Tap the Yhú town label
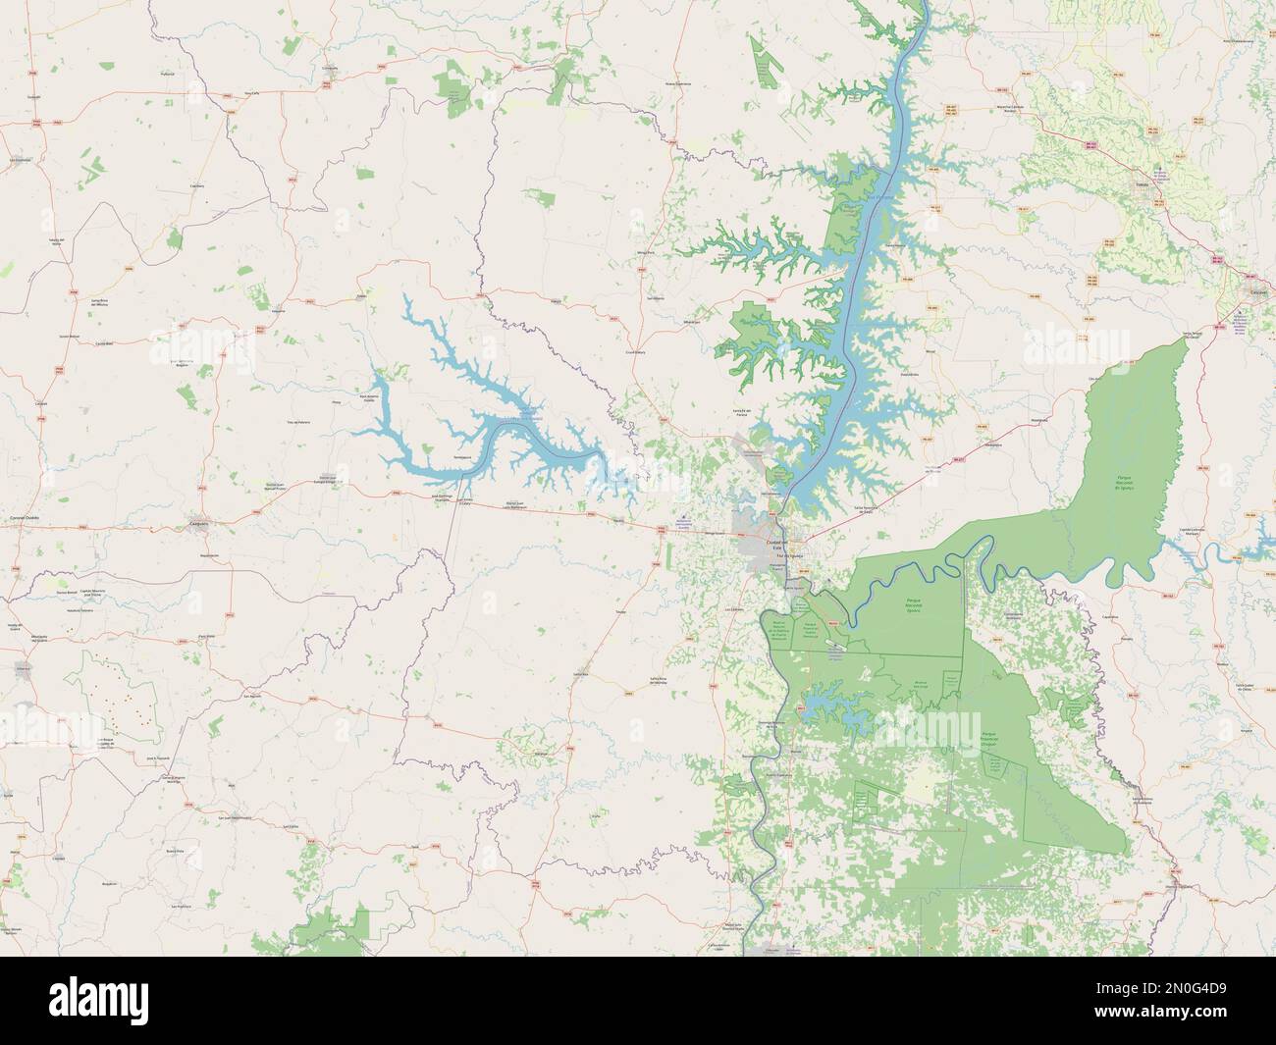[x=362, y=295]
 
